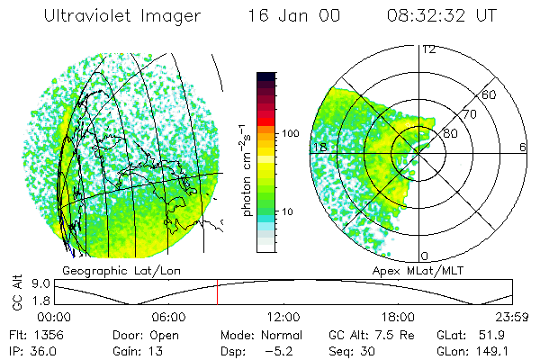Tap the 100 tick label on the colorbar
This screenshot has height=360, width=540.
(292, 133)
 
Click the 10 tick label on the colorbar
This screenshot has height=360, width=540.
(289, 212)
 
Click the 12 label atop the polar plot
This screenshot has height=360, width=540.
(428, 49)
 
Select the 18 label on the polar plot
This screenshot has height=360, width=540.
(318, 147)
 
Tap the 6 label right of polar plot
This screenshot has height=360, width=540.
(522, 147)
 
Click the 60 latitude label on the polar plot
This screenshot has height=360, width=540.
(490, 94)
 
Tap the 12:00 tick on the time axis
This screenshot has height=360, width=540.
(283, 317)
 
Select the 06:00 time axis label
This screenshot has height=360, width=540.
(169, 317)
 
